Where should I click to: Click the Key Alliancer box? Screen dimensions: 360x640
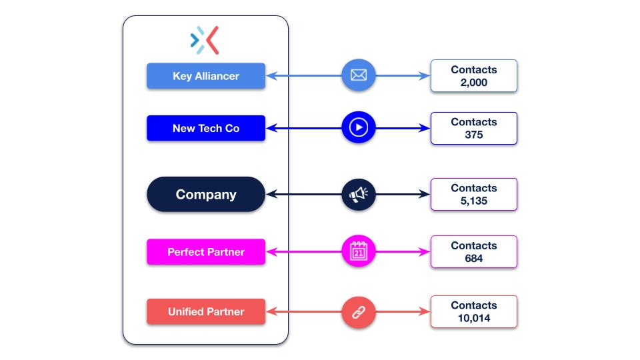[x=206, y=76]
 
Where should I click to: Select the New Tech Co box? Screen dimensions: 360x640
[x=206, y=128]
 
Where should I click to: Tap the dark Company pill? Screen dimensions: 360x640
[x=206, y=195]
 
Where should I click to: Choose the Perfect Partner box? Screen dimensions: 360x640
[x=206, y=252]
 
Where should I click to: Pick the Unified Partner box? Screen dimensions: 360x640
[x=206, y=311]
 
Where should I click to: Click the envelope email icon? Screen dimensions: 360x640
[x=359, y=75]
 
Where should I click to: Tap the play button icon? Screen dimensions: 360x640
[x=359, y=127]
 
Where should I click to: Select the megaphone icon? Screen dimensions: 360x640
[x=359, y=195]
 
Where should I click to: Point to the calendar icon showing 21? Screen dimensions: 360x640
[x=359, y=252]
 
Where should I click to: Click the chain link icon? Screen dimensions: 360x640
[x=359, y=312]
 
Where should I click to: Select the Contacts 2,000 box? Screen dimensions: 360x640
[x=473, y=76]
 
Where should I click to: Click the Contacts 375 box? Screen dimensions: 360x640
[x=473, y=128]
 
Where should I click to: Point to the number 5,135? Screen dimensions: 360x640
[x=474, y=201]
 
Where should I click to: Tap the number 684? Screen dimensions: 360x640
[x=474, y=259]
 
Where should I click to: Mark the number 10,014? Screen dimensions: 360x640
[x=474, y=318]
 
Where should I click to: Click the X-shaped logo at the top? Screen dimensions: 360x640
[x=205, y=40]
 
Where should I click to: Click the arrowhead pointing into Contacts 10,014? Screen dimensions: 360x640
[x=425, y=312]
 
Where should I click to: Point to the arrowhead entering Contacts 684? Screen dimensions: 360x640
[x=425, y=252]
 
